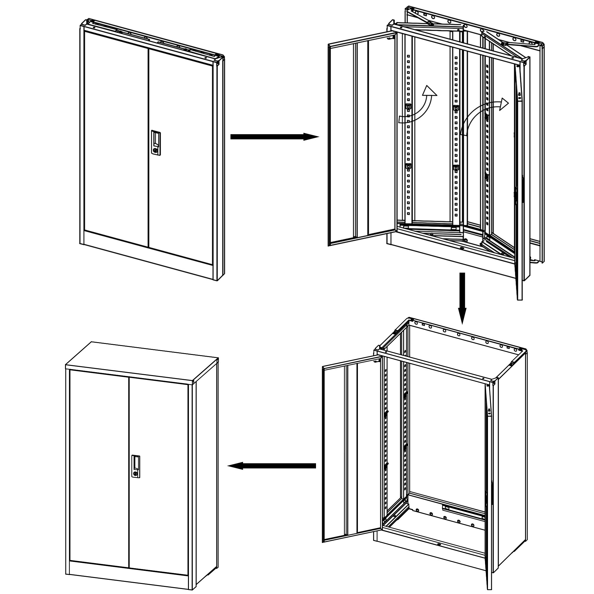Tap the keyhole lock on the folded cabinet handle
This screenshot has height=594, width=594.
(156, 150)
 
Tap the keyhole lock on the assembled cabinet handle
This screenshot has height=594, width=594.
(136, 474)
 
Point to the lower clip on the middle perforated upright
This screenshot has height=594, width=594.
(455, 168)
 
